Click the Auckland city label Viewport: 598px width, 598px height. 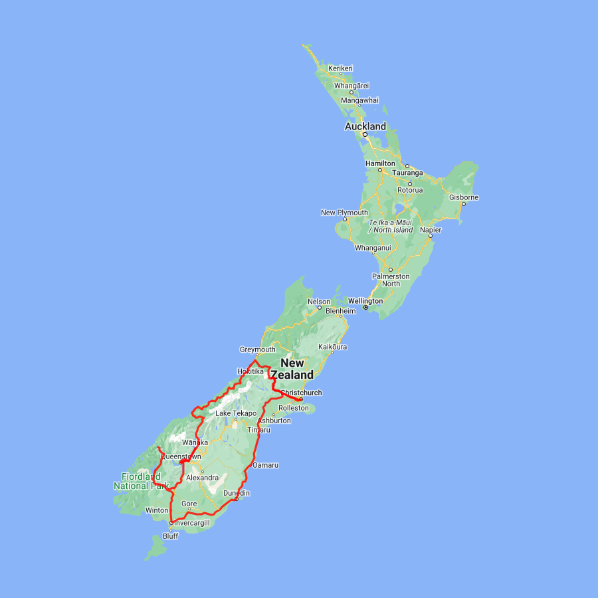(x=365, y=126)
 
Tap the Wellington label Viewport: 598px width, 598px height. (x=365, y=301)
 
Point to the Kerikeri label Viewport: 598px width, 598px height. (x=340, y=68)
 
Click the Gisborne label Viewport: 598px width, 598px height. (x=464, y=197)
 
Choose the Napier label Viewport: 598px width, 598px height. (x=431, y=229)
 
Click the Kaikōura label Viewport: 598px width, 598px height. (x=333, y=347)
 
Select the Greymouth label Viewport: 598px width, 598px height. (x=257, y=349)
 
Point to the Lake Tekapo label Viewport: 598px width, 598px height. (x=236, y=413)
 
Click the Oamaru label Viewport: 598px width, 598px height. (x=265, y=465)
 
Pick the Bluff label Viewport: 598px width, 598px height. (x=170, y=536)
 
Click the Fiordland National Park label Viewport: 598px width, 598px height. (x=141, y=481)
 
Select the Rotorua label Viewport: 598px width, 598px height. (x=409, y=190)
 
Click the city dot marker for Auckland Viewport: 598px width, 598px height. (x=364, y=134)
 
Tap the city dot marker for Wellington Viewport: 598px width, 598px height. (x=365, y=308)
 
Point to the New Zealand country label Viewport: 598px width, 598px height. (x=292, y=369)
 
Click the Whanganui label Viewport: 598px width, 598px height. (x=373, y=248)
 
